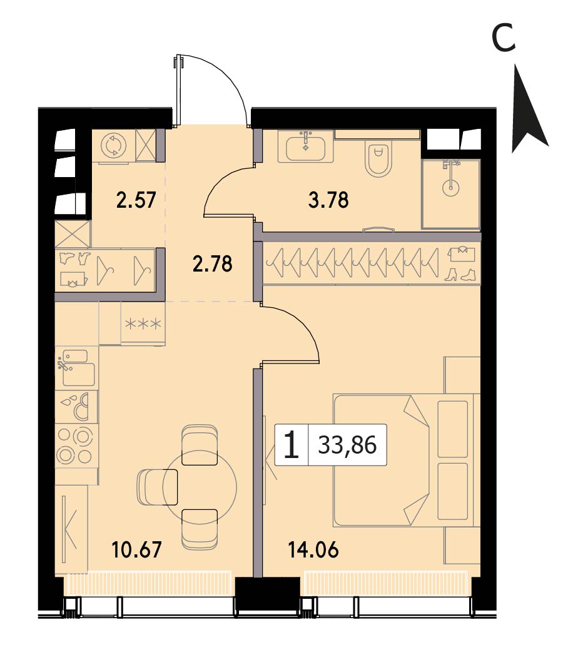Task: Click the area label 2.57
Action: tap(136, 200)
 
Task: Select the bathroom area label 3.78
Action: tap(329, 200)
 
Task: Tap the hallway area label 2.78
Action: tap(212, 263)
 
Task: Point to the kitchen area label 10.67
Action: tap(137, 550)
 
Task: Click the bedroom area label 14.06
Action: tap(313, 550)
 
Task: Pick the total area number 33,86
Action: tap(347, 445)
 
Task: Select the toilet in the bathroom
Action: tap(378, 160)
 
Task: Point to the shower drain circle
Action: tap(451, 186)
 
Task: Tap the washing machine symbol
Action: tap(114, 146)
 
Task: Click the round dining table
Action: tap(200, 487)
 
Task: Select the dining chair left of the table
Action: tap(158, 487)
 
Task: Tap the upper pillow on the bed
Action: tap(453, 429)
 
